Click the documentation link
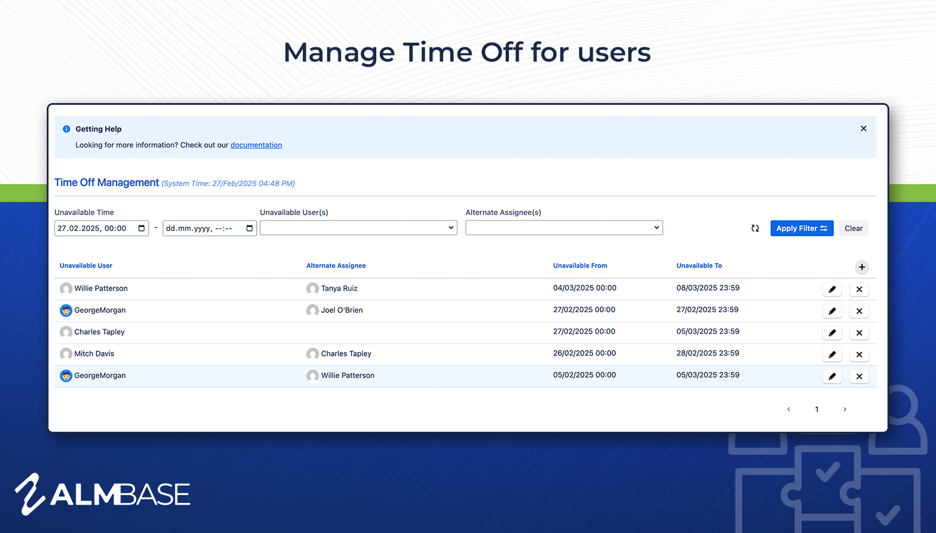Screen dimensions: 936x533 pyautogui.click(x=256, y=145)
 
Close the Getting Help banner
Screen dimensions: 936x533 pyautogui.click(x=863, y=129)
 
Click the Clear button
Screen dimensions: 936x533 pyautogui.click(x=853, y=228)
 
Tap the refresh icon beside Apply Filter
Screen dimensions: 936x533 pyautogui.click(x=755, y=228)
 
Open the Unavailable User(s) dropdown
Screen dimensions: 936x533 pyautogui.click(x=359, y=227)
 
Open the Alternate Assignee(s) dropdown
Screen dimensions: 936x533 pyautogui.click(x=564, y=227)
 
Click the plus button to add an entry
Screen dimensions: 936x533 pyautogui.click(x=861, y=267)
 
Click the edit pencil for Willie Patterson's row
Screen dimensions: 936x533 pyautogui.click(x=832, y=289)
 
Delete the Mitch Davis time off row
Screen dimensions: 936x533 pyautogui.click(x=859, y=354)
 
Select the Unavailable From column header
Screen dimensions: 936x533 pyautogui.click(x=580, y=265)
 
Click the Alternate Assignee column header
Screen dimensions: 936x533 pyautogui.click(x=336, y=265)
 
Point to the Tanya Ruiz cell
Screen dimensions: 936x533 pyautogui.click(x=332, y=288)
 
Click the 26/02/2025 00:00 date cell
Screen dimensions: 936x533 pyautogui.click(x=584, y=353)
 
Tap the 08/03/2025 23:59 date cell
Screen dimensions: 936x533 pyautogui.click(x=708, y=288)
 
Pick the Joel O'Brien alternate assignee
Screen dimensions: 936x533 pyautogui.click(x=334, y=310)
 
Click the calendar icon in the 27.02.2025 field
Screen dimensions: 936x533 pyautogui.click(x=141, y=228)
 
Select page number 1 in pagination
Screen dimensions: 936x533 pyautogui.click(x=816, y=409)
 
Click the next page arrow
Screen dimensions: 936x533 pyautogui.click(x=844, y=409)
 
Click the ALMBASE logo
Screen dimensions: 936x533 pyautogui.click(x=102, y=494)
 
